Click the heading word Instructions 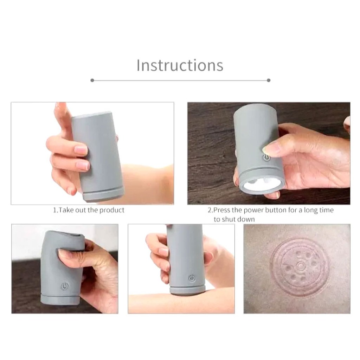tap(180, 65)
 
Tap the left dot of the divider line tap(92, 81)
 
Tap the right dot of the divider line tap(269, 81)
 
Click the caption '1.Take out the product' tap(89, 210)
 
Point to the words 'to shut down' tap(234, 219)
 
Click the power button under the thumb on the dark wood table tap(266, 157)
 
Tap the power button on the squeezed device tap(65, 286)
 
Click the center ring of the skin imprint tap(300, 266)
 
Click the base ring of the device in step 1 tap(104, 195)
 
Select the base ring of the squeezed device tap(60, 300)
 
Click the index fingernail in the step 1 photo tap(81, 150)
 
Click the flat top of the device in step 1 tap(92, 115)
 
